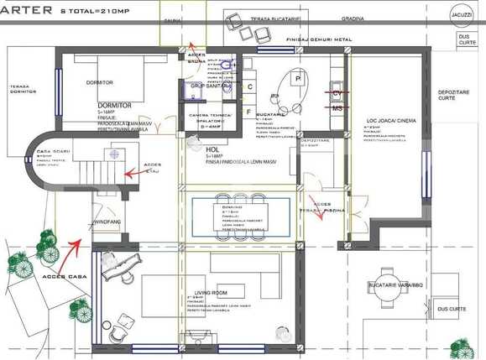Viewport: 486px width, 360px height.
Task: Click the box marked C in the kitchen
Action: [250, 85]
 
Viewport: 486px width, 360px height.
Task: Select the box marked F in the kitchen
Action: [249, 110]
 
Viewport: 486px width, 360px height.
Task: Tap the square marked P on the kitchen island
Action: [297, 78]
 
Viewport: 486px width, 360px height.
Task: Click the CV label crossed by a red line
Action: [337, 93]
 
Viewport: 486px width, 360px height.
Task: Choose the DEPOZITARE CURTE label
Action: [454, 94]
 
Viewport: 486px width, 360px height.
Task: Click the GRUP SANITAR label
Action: [210, 86]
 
